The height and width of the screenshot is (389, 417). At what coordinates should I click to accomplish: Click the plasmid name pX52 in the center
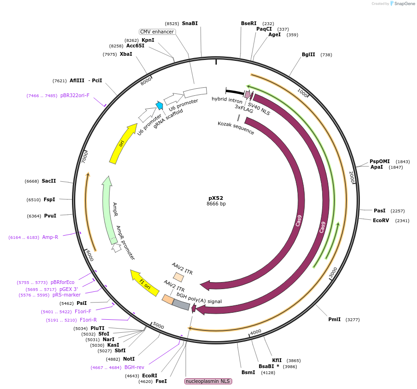coord(216,198)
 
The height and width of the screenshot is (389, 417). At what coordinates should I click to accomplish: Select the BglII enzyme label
coord(308,54)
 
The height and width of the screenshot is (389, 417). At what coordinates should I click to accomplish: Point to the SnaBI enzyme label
coord(189,23)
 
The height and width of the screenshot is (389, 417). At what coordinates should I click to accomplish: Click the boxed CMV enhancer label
coord(157,32)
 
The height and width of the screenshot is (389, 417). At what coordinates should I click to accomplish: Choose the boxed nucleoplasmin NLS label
coord(208,381)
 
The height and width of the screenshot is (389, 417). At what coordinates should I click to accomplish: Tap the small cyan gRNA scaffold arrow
coord(160,105)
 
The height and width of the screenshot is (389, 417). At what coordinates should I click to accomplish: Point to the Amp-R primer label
coord(50,237)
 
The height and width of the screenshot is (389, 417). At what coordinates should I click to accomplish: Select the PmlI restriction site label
coord(334,319)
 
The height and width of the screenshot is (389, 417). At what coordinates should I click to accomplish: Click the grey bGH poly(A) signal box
coord(181,304)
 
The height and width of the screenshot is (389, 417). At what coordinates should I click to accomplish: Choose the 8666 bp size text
coord(216,204)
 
